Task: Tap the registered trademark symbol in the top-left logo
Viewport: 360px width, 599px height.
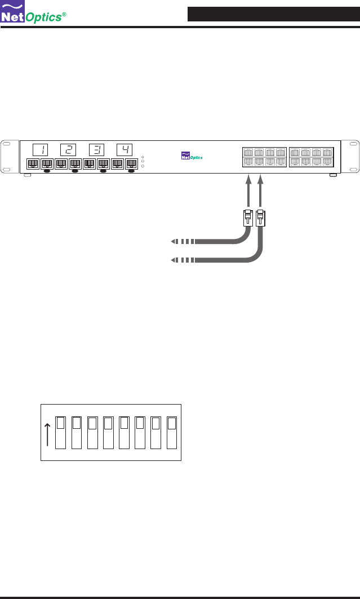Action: (64, 14)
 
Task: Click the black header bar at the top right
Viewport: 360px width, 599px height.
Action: (273, 14)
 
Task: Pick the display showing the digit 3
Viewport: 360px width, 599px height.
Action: (96, 150)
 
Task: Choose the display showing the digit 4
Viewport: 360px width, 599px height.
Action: (124, 150)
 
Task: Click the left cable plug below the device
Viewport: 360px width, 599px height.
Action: (247, 218)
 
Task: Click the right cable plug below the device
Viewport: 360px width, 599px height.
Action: (260, 218)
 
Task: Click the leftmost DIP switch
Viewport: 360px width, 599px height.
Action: (61, 433)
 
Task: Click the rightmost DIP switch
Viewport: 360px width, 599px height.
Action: (172, 433)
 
